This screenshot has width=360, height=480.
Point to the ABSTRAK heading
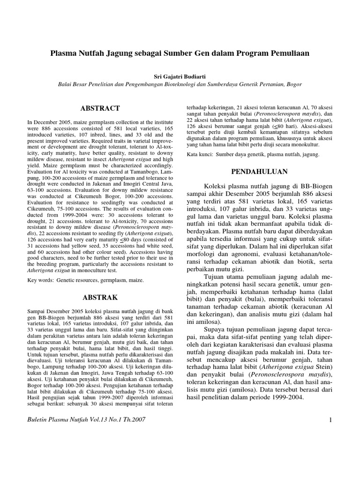coord(100,297)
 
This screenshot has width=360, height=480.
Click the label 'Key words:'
coord(41,280)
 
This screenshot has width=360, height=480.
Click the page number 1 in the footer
coord(330,420)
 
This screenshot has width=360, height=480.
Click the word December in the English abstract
coord(44,121)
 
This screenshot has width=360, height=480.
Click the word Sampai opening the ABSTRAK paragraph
coord(37,311)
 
